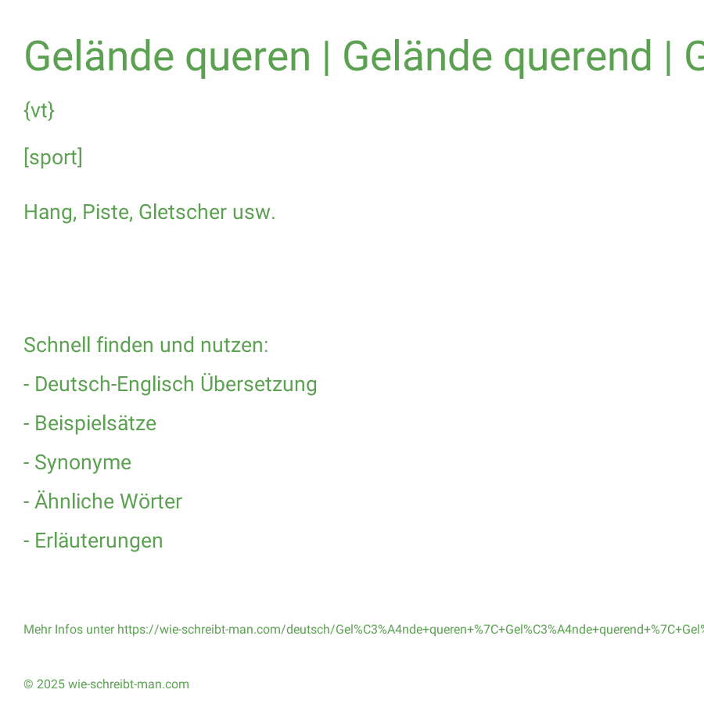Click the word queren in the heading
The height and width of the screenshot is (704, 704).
click(248, 58)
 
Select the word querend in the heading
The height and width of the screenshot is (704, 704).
click(577, 58)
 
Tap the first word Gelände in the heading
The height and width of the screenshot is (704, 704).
click(99, 56)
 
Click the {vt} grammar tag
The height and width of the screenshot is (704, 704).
click(39, 110)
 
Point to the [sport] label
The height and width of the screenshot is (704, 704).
click(53, 157)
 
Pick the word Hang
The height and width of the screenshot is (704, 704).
click(50, 212)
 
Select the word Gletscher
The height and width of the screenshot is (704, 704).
click(183, 211)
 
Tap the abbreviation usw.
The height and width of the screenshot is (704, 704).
click(253, 213)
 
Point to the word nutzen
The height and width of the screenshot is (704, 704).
click(234, 346)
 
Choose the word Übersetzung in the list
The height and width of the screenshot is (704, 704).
click(259, 384)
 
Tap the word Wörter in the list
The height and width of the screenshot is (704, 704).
click(151, 501)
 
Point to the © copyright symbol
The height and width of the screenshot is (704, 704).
click(28, 684)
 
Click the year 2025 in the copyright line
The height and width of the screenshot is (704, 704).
click(51, 684)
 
